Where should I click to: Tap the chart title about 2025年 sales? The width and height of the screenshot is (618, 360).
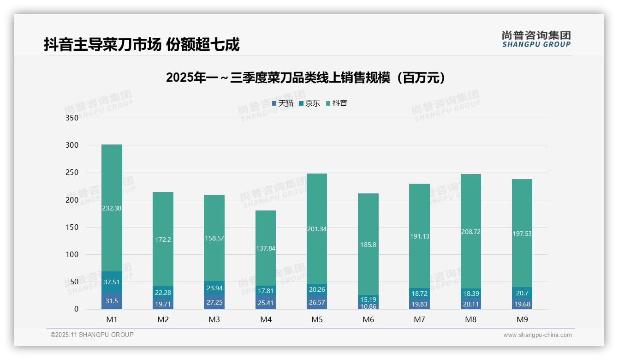[306, 77]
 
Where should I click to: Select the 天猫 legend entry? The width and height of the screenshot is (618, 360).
[283, 103]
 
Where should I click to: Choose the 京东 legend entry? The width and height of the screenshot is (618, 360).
[309, 103]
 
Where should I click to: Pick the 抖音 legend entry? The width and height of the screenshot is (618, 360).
[337, 103]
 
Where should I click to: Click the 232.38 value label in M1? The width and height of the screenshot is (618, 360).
[112, 208]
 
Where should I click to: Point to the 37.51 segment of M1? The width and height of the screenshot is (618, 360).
[112, 282]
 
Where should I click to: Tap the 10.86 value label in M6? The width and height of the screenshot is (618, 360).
[368, 306]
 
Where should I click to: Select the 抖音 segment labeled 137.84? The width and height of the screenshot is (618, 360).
[266, 248]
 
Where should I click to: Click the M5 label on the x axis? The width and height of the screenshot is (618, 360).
[317, 319]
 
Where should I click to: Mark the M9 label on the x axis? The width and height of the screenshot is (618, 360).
[522, 319]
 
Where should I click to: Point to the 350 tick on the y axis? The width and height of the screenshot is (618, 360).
[72, 118]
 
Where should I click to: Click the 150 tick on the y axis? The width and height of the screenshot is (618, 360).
[72, 227]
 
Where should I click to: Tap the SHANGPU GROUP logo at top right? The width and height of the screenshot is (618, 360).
[536, 39]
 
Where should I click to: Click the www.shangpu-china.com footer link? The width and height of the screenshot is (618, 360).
[537, 335]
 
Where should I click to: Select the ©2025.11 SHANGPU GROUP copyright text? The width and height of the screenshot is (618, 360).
[92, 335]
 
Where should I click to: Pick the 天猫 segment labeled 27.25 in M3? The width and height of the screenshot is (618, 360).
[214, 302]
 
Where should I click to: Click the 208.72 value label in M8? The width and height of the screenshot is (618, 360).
[471, 232]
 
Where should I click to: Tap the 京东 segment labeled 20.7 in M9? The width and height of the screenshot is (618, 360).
[522, 293]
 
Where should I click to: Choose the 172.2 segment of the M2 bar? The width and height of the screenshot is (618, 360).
[163, 240]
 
